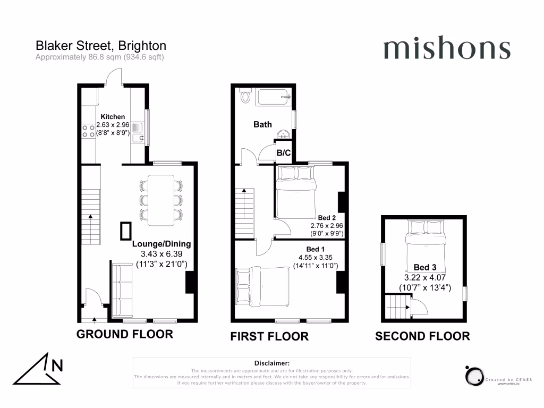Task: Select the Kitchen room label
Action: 113,117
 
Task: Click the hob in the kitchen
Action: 89,131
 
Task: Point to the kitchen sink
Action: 140,133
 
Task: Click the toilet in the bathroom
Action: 245,97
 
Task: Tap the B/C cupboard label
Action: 284,153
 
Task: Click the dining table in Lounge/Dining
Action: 161,200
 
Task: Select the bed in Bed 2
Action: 295,191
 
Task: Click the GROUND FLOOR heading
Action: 125,334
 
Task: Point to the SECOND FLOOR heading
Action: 422,336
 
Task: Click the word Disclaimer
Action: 271,362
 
